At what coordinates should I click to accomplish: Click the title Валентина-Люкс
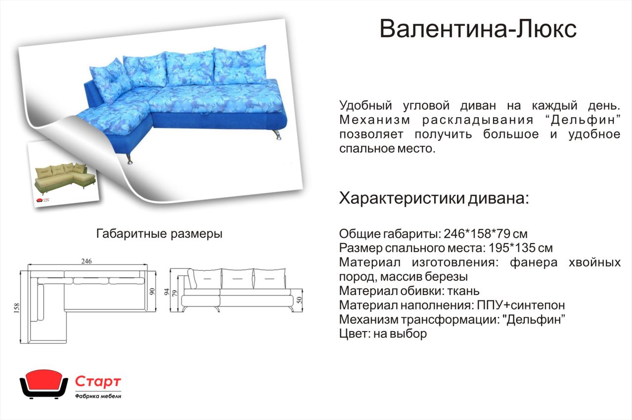478,29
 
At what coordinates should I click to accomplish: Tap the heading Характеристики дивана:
434,198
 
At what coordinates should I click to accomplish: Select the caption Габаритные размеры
159,234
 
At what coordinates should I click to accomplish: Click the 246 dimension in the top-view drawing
87,261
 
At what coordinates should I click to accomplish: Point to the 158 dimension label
16,308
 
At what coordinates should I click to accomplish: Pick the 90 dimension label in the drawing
152,291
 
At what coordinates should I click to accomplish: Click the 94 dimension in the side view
167,292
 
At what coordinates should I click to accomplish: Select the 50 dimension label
299,299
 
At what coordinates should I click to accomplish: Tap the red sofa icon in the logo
44,384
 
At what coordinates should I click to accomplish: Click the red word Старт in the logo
98,381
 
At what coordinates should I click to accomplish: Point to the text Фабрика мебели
98,396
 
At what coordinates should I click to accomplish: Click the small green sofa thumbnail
65,178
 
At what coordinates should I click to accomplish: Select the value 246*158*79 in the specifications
477,234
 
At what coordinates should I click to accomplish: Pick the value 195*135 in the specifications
512,248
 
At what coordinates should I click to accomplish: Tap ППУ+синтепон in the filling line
521,305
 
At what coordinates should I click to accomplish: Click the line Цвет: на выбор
383,334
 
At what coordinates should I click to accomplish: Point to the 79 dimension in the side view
175,293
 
